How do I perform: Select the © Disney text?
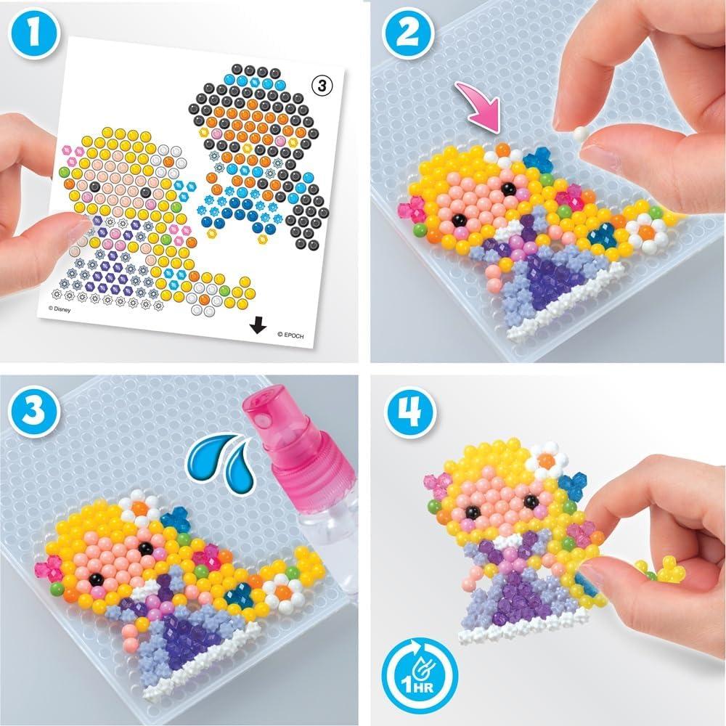click(65, 308)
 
